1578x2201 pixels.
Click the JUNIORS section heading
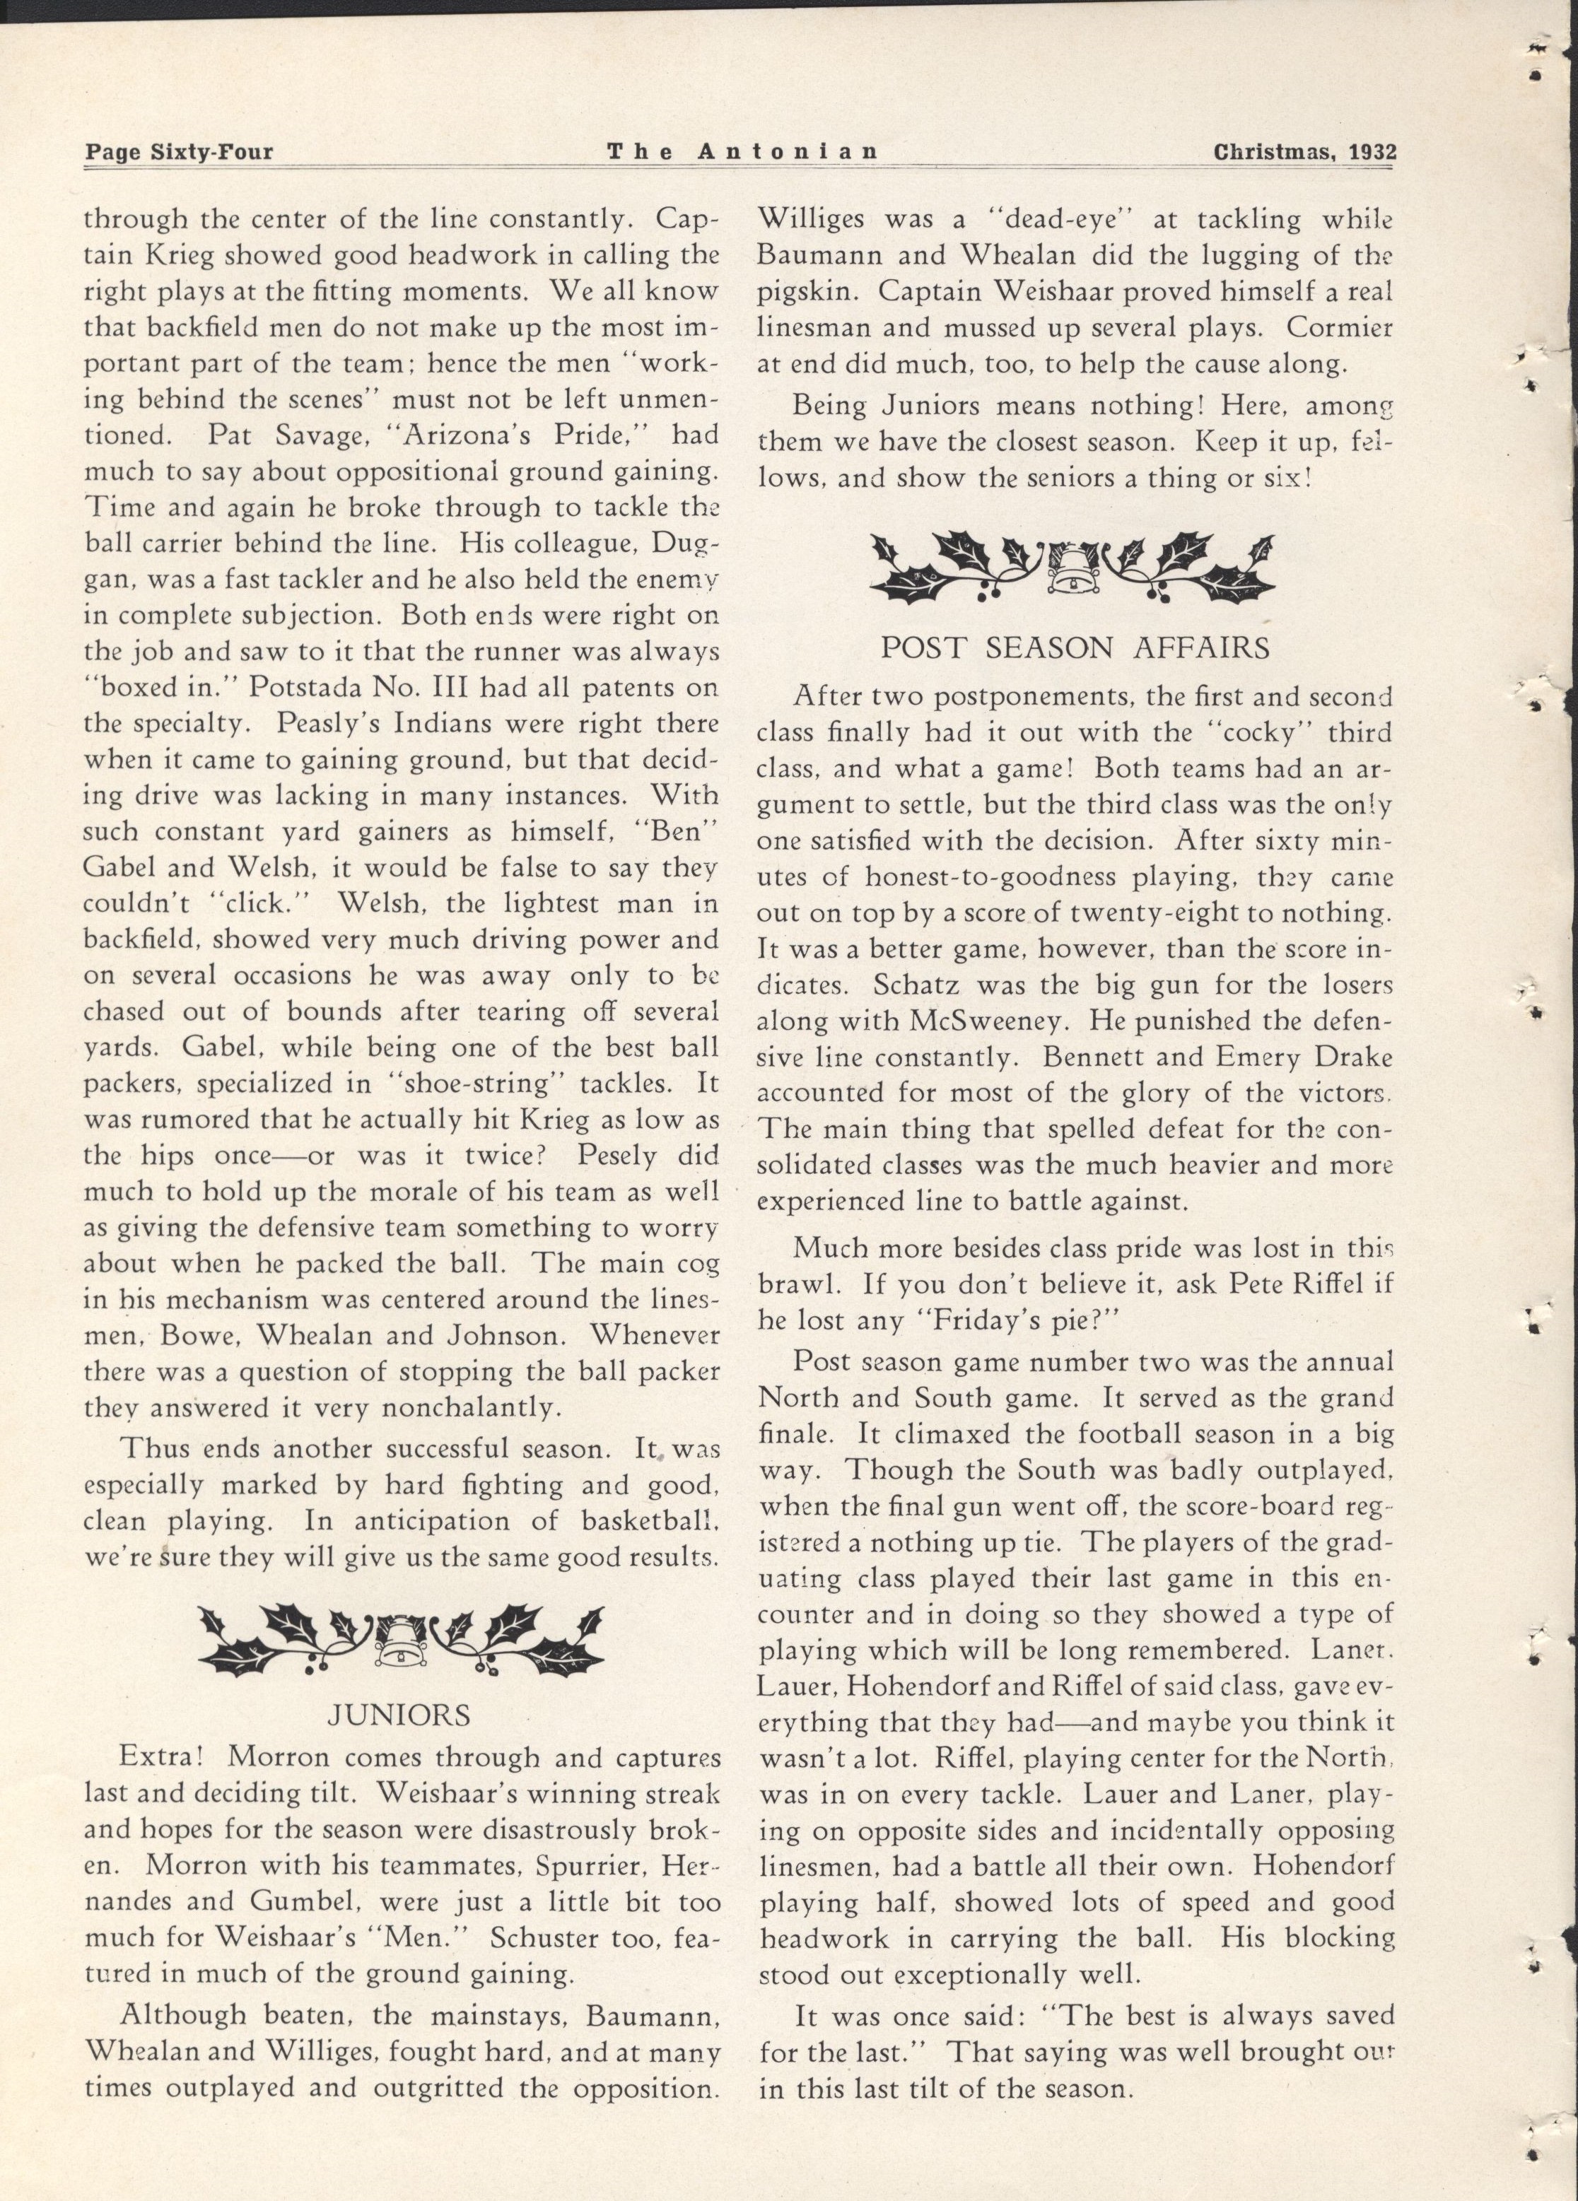click(x=399, y=1715)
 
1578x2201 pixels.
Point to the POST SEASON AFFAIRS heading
click(x=1075, y=648)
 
